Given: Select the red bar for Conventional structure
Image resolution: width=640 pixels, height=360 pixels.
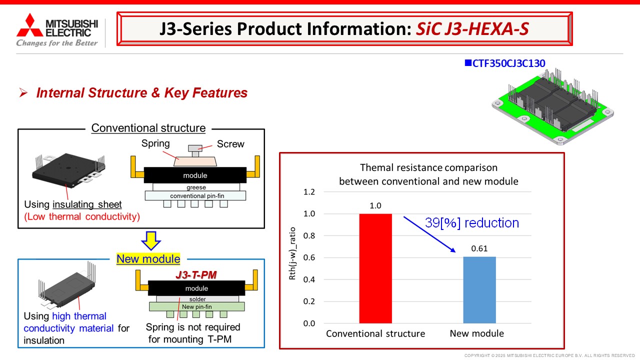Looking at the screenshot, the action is click(375, 268).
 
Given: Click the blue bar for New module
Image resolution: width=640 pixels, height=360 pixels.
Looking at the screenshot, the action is click(479, 290).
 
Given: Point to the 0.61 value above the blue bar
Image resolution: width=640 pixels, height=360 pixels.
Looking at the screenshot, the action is click(479, 248).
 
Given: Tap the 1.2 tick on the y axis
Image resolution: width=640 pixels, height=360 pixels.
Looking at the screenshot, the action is click(309, 192).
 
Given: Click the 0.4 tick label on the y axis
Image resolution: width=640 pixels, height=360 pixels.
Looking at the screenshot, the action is click(309, 279).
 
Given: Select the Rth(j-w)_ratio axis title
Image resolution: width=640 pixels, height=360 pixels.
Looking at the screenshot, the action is click(292, 253).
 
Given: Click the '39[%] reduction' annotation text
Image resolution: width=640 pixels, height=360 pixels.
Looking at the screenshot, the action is click(471, 223).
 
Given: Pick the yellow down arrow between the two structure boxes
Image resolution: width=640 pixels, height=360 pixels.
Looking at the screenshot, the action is click(151, 240).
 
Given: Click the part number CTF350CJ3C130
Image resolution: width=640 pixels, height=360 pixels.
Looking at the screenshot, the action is click(508, 63).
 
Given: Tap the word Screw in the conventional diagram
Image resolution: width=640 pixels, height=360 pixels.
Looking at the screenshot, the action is click(230, 144).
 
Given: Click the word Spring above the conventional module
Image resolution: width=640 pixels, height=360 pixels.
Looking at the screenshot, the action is click(155, 143).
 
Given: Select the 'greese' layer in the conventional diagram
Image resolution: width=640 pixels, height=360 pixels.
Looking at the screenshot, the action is click(196, 187).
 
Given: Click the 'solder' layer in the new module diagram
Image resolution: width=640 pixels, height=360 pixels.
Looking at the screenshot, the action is click(197, 299).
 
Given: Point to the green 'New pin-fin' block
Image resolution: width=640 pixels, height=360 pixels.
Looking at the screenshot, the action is click(197, 306).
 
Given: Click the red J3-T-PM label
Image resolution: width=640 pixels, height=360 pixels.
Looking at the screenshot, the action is click(196, 275).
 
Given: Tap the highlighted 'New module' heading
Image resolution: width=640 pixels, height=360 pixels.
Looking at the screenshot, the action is click(148, 259).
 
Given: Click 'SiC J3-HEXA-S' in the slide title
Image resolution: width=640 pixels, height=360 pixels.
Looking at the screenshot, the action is click(472, 29).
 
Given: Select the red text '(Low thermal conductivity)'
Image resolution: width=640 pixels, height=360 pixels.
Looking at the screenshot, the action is click(82, 216).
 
